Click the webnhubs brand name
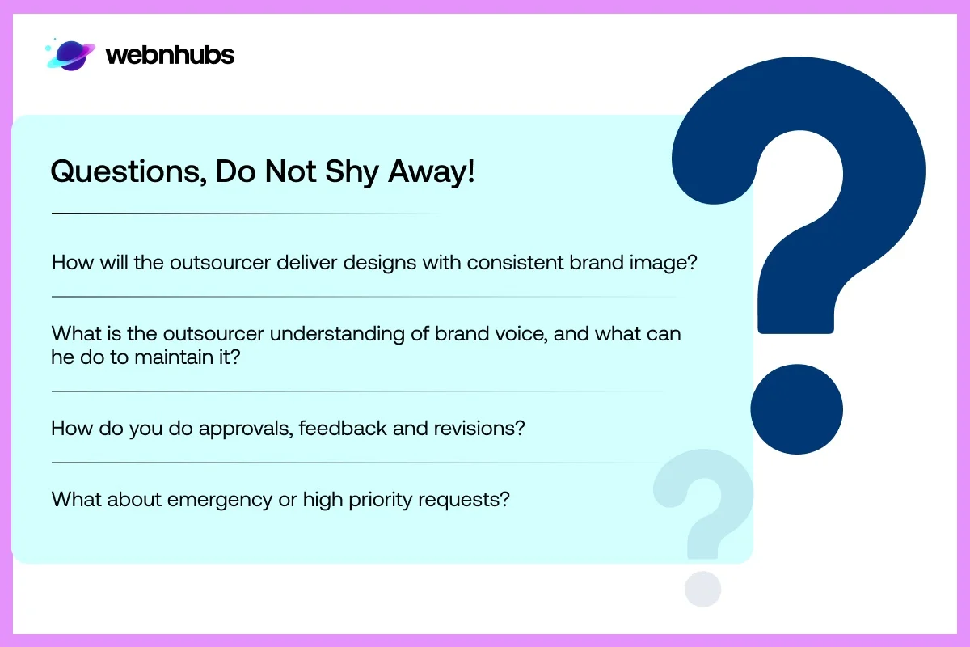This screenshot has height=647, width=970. click(x=170, y=55)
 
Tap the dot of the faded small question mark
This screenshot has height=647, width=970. click(x=702, y=589)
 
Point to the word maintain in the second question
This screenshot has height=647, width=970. click(x=171, y=357)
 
